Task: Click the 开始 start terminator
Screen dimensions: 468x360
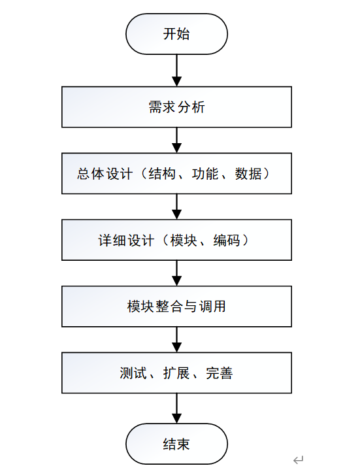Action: (x=176, y=34)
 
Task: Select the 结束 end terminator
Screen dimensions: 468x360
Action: (x=176, y=444)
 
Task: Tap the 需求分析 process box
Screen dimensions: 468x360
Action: (x=176, y=107)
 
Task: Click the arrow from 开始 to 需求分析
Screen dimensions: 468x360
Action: (x=176, y=71)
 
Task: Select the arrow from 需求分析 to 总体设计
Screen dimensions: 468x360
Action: (x=176, y=140)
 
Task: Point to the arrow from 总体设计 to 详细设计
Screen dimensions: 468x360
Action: (x=176, y=207)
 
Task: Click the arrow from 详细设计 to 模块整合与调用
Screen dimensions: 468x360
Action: (x=176, y=273)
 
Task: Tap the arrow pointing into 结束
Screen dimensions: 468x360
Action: (x=176, y=409)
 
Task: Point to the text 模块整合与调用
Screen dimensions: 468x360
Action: (x=176, y=307)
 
